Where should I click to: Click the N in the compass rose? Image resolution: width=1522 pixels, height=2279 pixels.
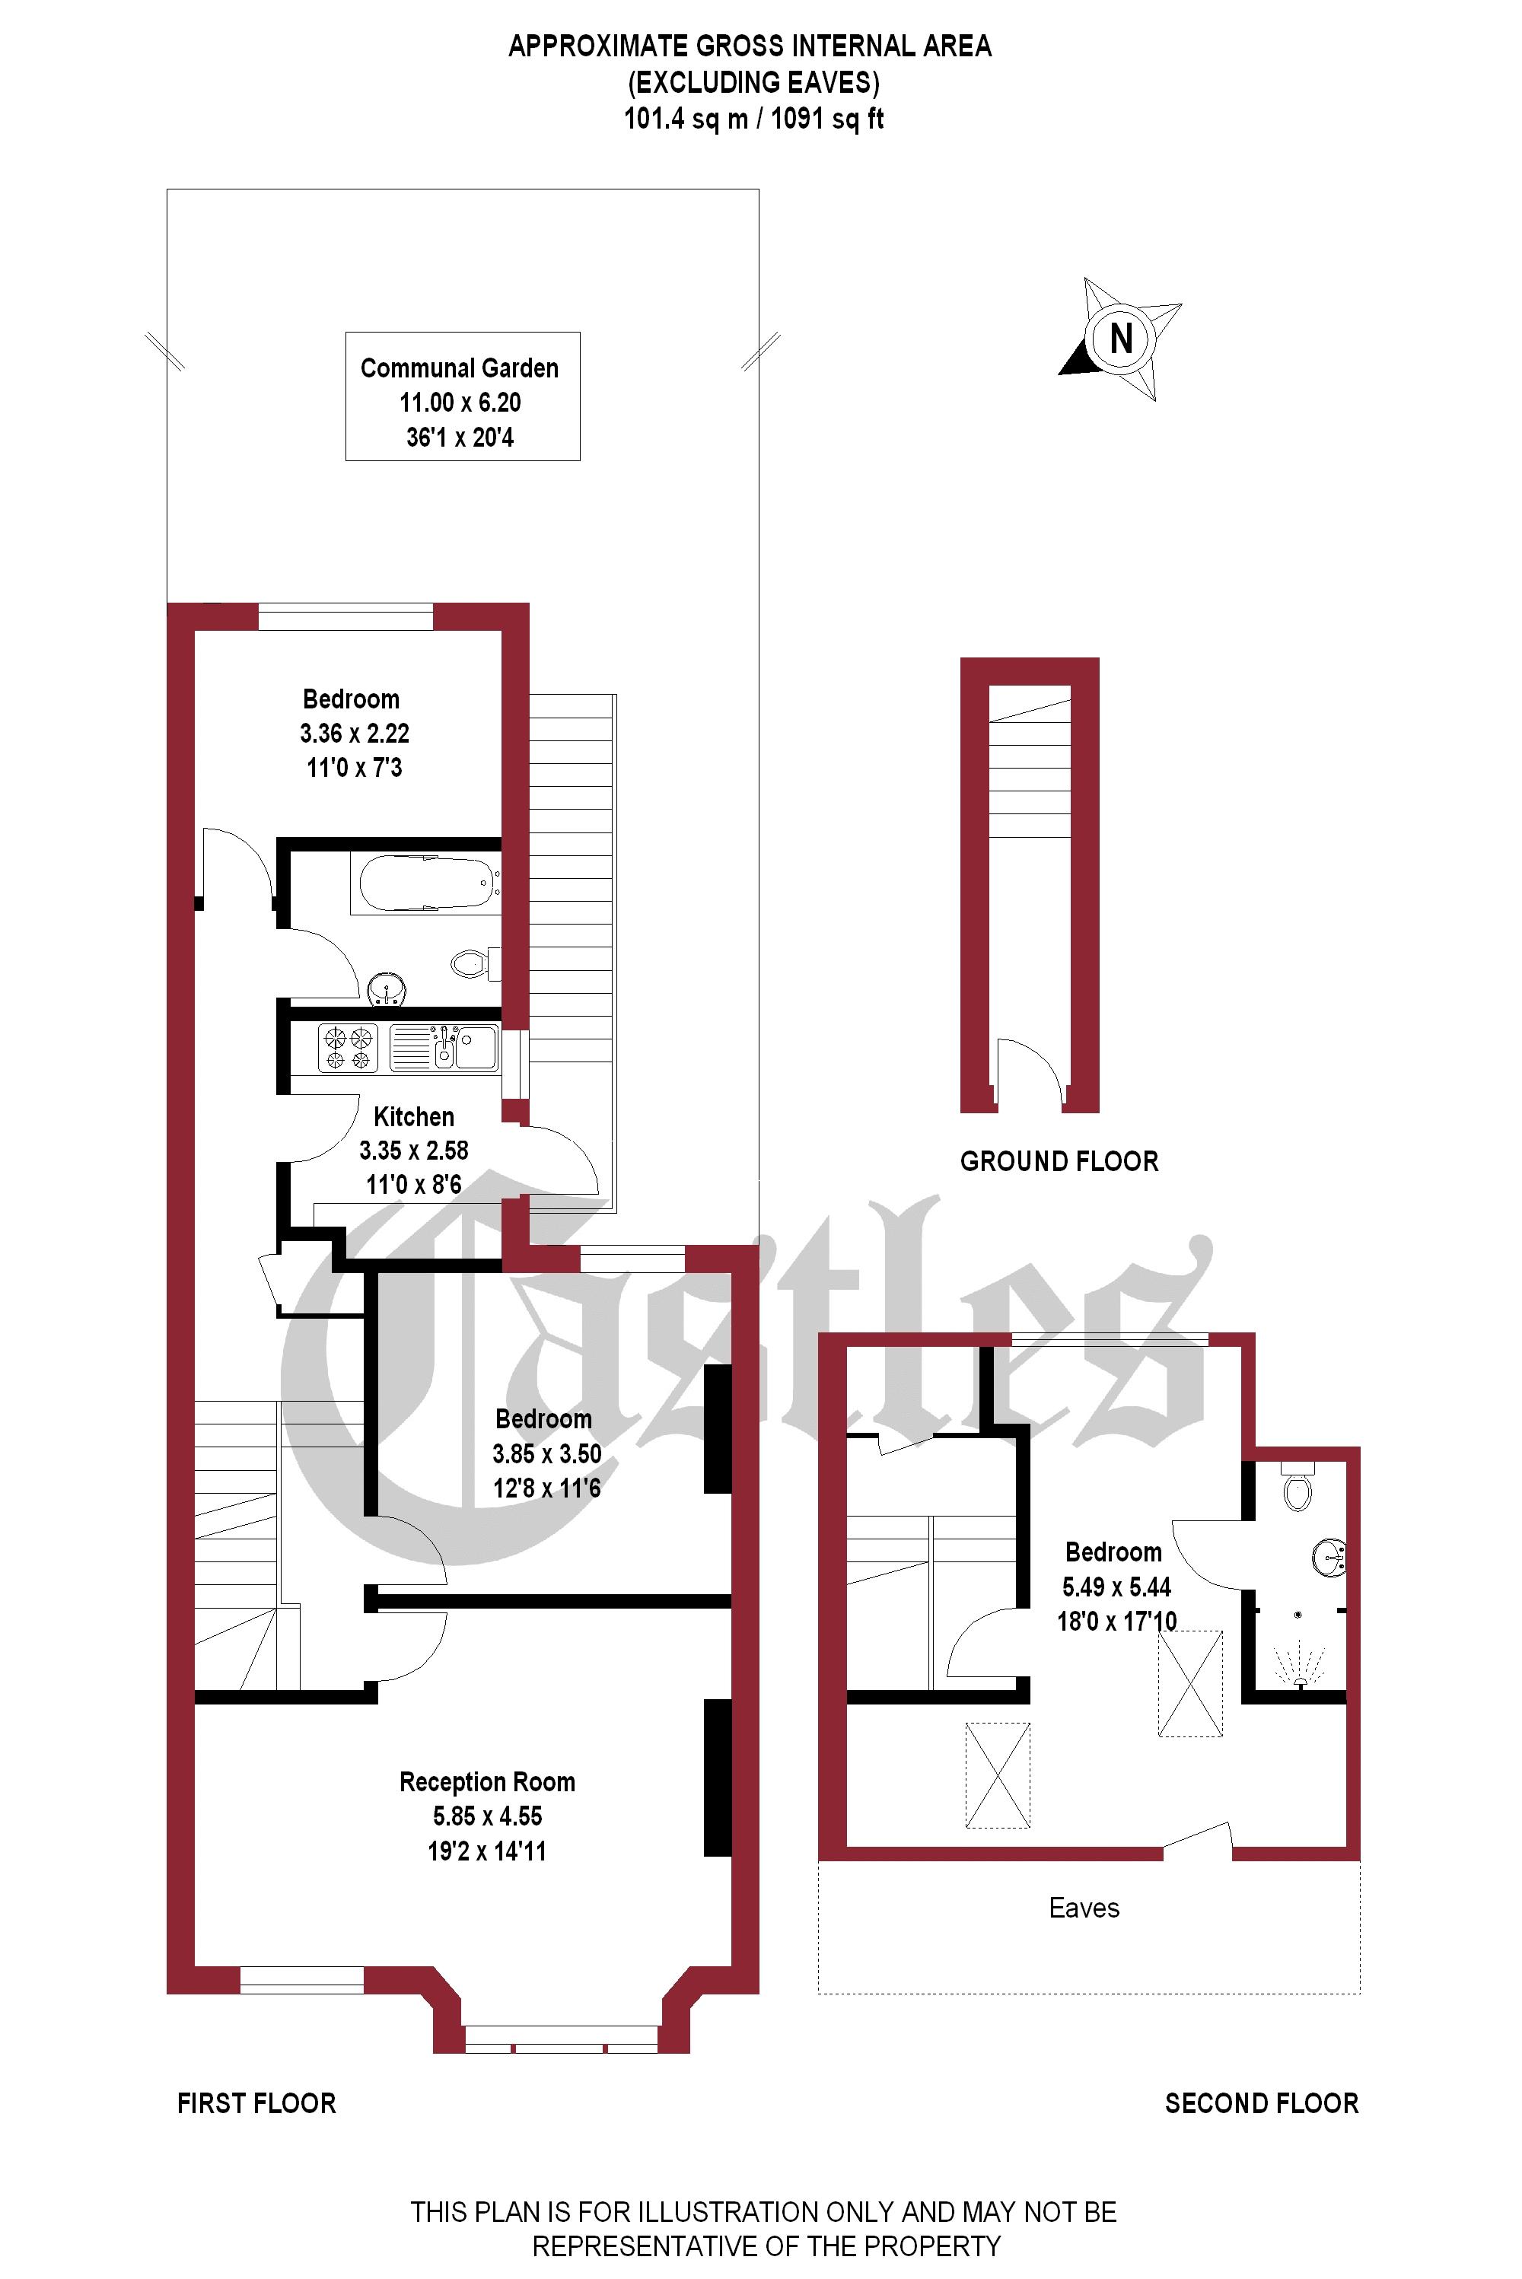pyautogui.click(x=1121, y=339)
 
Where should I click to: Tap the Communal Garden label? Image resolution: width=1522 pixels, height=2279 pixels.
pyautogui.click(x=459, y=369)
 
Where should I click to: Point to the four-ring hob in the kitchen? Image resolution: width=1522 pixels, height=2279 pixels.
pyautogui.click(x=349, y=1049)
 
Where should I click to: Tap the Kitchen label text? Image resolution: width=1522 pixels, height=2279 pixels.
pyautogui.click(x=413, y=1116)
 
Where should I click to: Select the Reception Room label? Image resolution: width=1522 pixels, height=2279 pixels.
pyautogui.click(x=487, y=1782)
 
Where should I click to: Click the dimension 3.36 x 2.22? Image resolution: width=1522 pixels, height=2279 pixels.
pyautogui.click(x=355, y=734)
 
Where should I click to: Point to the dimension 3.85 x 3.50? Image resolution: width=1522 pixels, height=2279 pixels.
pyautogui.click(x=546, y=1454)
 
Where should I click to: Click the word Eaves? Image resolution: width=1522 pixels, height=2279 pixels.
pyautogui.click(x=1084, y=1908)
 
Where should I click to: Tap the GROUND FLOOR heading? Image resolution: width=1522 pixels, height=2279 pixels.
pyautogui.click(x=1059, y=1162)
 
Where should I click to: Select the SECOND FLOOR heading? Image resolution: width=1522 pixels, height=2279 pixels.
pyautogui.click(x=1261, y=2103)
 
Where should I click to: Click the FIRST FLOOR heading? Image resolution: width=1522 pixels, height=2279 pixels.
pyautogui.click(x=256, y=2103)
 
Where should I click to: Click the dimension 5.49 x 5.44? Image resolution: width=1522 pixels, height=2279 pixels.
pyautogui.click(x=1116, y=1587)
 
